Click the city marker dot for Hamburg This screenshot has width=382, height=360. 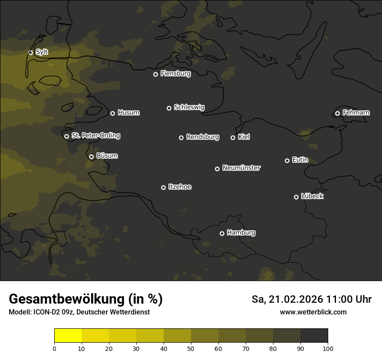point(222,233)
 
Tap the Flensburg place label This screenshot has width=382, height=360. point(175,74)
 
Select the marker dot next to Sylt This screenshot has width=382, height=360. point(30,52)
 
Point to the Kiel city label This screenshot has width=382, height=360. point(244,137)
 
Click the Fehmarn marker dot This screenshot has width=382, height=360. point(337,113)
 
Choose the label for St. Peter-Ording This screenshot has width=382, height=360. point(95,136)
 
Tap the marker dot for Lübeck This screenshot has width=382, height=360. point(296,197)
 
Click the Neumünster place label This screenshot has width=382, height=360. point(241,168)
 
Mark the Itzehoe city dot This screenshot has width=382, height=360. point(163,187)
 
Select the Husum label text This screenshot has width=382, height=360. point(128,113)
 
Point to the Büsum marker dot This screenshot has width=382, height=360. point(91,157)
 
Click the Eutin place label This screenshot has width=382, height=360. point(300,160)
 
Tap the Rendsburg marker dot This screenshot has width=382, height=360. point(181,137)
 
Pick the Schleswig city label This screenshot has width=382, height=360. point(189,107)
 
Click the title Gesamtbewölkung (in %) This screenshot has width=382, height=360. point(86,299)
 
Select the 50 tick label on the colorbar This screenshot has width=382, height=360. point(191,348)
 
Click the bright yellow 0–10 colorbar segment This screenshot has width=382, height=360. point(68,336)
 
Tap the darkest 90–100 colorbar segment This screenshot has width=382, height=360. point(314,336)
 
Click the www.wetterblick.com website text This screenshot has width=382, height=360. point(313,312)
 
